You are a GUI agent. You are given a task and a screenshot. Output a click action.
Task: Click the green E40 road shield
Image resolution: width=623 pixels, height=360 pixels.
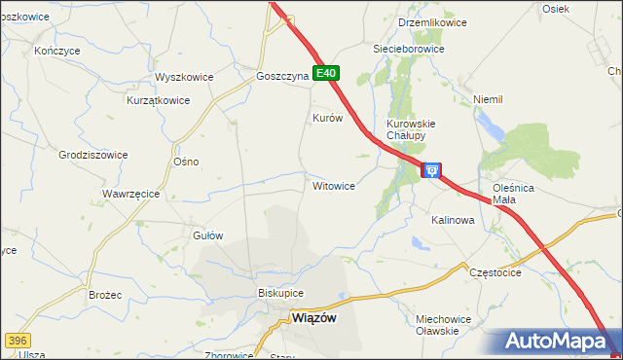326,73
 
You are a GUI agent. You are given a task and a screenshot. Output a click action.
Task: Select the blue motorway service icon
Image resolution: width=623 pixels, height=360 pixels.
431,170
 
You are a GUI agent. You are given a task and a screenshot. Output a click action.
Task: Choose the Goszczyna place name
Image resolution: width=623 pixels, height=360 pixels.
282,76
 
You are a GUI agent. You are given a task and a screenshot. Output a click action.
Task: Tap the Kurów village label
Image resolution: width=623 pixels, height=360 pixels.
327,118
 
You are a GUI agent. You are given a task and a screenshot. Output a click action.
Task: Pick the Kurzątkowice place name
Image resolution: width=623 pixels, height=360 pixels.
158,100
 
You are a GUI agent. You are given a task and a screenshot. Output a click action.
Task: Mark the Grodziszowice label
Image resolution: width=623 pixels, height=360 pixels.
93,155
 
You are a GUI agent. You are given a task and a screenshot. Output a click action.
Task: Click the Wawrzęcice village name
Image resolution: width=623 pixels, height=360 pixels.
130,194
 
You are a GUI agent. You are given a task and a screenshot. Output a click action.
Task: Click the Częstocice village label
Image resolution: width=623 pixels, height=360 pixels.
495,273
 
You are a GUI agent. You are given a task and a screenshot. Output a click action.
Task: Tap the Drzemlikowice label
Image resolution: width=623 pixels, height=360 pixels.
433,22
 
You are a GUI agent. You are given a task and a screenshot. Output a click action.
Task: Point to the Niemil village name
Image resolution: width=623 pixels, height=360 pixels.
487,99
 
